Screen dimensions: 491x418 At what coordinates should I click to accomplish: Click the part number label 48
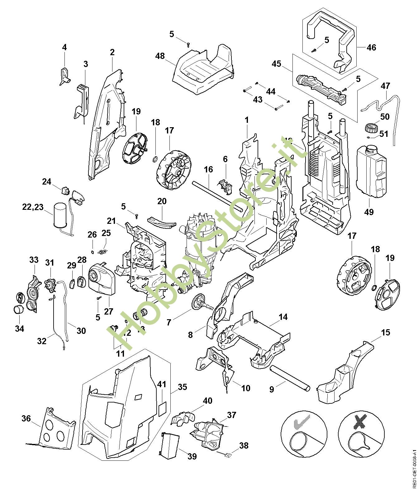pos(160,56)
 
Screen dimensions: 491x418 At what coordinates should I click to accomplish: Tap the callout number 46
pos(371,47)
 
